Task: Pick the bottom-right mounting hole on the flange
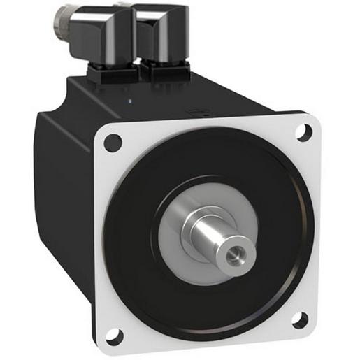pos(299,320)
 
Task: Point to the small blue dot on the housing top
pos(131,101)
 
